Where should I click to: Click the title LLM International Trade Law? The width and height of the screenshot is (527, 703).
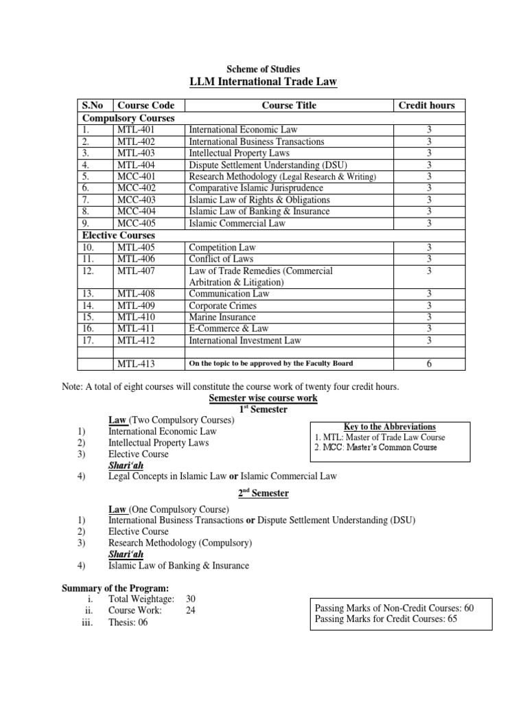pyautogui.click(x=263, y=83)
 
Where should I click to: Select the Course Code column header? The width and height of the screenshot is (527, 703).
pyautogui.click(x=145, y=105)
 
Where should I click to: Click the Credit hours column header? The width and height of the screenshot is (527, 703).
pyautogui.click(x=426, y=105)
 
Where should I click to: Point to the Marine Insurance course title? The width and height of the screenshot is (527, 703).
pyautogui.click(x=222, y=317)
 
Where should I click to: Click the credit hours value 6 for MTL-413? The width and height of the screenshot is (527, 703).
pyautogui.click(x=429, y=364)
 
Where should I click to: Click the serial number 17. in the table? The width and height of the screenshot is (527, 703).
pyautogui.click(x=86, y=341)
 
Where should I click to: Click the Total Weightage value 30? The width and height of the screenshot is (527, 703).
pyautogui.click(x=191, y=598)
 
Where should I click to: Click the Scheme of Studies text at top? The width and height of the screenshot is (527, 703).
pyautogui.click(x=263, y=69)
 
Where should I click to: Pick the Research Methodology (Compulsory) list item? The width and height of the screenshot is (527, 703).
pyautogui.click(x=180, y=542)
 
